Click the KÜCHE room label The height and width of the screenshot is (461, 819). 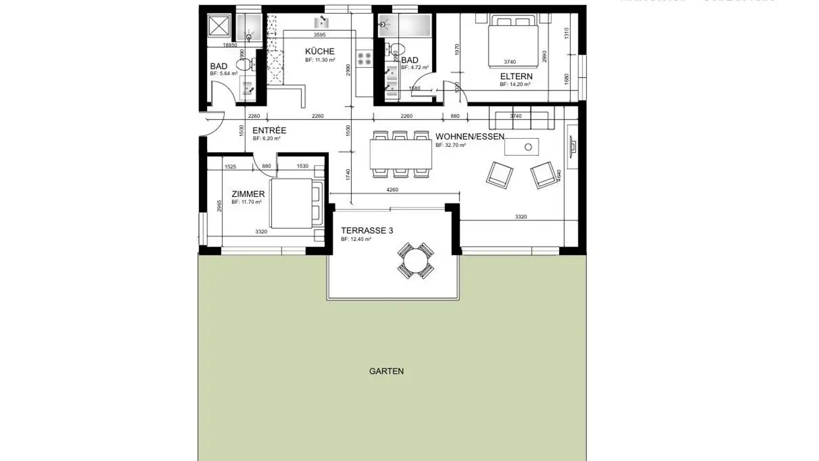320,52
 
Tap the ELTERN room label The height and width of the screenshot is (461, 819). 516,76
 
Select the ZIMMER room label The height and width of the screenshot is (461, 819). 248,194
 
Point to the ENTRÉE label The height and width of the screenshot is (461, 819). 269,130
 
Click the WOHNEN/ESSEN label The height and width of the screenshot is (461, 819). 470,137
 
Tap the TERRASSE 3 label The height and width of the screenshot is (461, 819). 367,230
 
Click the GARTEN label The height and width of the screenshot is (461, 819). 386,371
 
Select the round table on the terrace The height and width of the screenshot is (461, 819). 415,261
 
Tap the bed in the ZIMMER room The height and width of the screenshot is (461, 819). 296,203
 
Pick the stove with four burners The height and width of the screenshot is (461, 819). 364,58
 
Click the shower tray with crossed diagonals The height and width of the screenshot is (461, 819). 218,26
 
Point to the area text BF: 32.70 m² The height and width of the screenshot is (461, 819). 450,145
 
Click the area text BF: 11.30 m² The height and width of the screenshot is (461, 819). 320,60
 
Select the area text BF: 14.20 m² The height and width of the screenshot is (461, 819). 515,84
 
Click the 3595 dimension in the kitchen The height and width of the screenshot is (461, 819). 320,35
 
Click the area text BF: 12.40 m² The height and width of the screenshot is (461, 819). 356,240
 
